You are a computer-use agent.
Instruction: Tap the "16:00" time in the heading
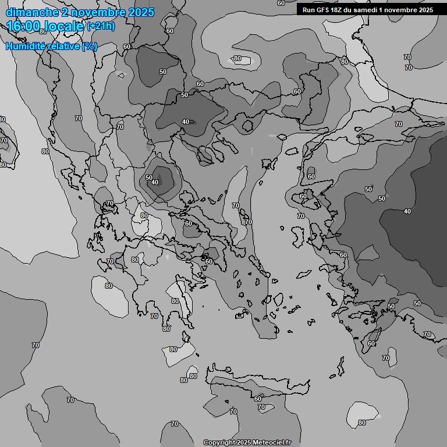coord(23,26)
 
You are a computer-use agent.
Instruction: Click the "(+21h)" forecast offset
coord(101,26)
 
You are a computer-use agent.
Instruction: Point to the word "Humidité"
coord(27,46)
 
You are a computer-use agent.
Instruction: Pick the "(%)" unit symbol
coord(90,46)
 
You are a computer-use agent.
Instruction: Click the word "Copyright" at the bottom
coord(219,442)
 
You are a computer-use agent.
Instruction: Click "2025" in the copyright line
coord(244,442)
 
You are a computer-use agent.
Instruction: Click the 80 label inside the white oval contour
coord(237,58)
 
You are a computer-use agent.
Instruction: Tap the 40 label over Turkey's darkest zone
coord(407,211)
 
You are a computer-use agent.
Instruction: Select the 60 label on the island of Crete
coord(257,398)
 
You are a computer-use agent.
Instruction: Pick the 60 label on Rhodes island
coord(371,343)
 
